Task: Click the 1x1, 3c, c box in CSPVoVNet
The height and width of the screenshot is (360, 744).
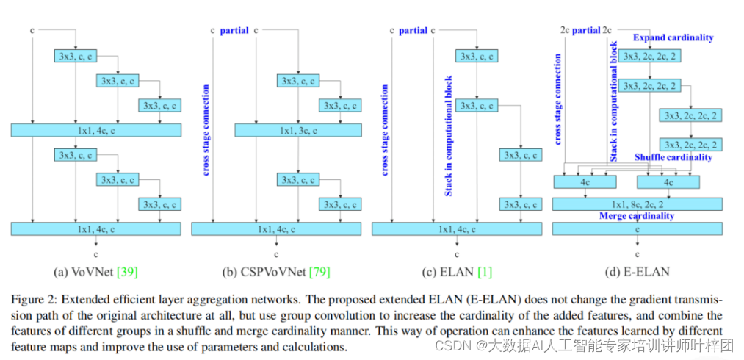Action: [x=297, y=130]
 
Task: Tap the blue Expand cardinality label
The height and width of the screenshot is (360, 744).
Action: [x=673, y=37]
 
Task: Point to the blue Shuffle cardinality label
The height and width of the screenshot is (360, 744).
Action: [x=673, y=157]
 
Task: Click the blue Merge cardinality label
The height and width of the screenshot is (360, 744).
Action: [x=636, y=216]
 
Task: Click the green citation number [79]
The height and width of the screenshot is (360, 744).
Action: [x=318, y=273]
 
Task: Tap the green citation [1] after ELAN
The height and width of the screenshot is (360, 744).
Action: [x=485, y=273]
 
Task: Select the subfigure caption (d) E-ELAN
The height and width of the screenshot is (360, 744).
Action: [x=635, y=273]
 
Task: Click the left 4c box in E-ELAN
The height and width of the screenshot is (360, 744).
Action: [x=584, y=181]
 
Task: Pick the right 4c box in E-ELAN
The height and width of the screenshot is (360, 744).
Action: [x=668, y=181]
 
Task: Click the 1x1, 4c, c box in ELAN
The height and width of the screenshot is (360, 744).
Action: [x=457, y=228]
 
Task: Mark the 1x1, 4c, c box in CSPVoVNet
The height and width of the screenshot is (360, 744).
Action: [x=276, y=228]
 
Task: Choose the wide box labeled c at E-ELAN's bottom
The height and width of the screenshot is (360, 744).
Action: [x=637, y=228]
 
